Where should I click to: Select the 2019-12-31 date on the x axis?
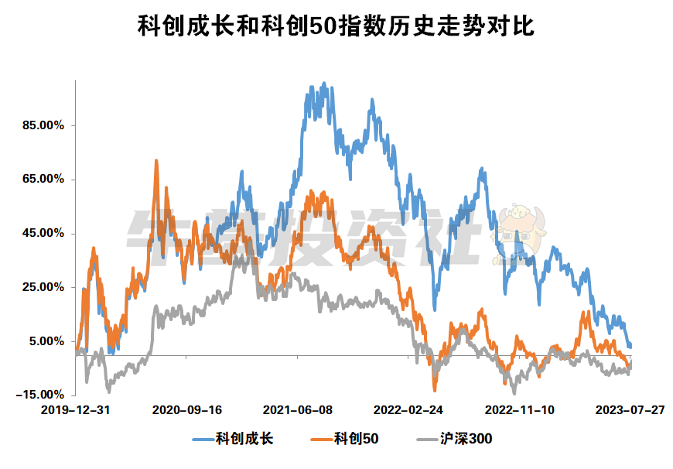pos(74,409)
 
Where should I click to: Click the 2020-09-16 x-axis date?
pos(187,409)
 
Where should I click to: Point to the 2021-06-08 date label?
pos(298,409)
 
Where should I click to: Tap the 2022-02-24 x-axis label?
pos(408,409)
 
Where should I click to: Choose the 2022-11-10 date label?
pos(519,409)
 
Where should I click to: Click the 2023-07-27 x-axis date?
pos(630,409)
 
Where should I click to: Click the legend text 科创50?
pos(356,440)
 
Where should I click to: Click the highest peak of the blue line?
pos(323,83)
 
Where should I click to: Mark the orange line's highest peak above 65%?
pos(156,161)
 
